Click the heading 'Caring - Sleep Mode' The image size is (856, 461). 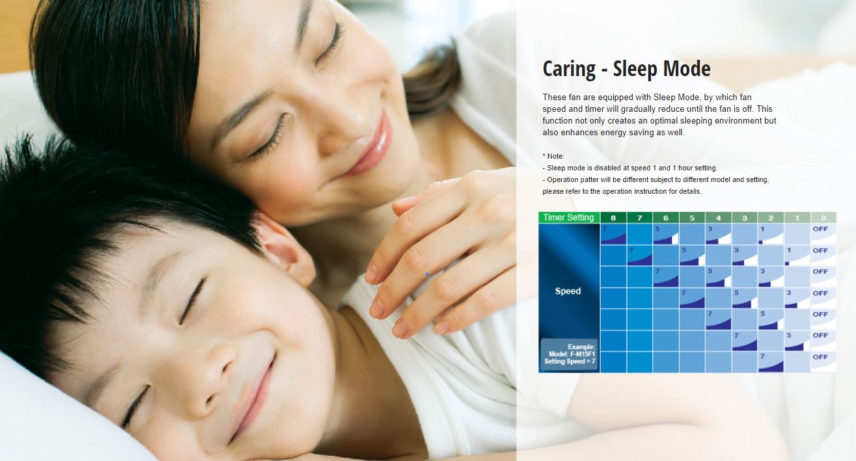pos(626,69)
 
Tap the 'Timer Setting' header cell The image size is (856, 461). pos(569,218)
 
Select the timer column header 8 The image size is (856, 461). pos(613,218)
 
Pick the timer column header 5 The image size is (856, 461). pos(692,218)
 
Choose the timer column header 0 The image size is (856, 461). pos(823,218)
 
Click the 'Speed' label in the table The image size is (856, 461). pos(568,291)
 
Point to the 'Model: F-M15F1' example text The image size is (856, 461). pos(572,354)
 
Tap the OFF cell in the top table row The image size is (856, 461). pos(823,234)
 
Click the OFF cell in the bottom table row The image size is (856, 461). pos(823,362)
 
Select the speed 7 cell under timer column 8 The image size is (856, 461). pos(613,234)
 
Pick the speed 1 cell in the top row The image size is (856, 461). pos(771,234)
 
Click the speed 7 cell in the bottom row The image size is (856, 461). pos(771,362)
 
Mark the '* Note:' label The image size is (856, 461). pos(553,156)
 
